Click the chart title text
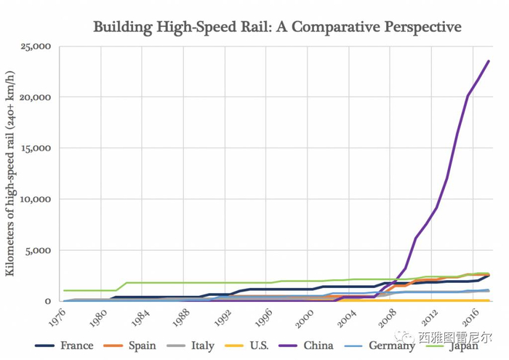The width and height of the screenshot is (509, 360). point(277,27)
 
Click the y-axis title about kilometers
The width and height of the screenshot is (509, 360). point(12,174)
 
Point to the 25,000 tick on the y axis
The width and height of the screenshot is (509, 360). point(34,47)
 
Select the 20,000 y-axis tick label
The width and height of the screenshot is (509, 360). point(34,97)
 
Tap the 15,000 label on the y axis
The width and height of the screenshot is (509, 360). point(34,148)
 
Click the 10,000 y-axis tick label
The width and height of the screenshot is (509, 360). point(34,199)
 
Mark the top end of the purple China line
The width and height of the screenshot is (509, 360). point(488,61)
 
